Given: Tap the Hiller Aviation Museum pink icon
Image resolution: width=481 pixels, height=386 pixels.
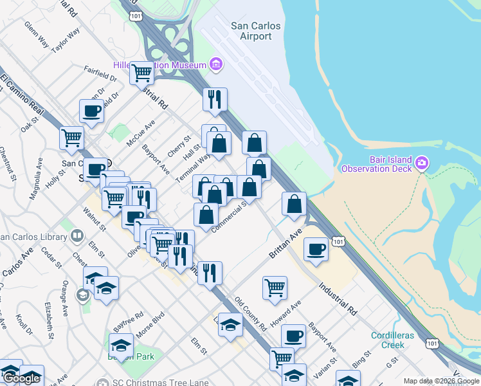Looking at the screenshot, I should [216, 64].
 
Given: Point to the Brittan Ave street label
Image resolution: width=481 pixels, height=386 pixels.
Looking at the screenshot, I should [286, 246].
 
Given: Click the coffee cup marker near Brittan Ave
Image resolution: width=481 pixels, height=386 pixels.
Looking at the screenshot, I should [316, 248].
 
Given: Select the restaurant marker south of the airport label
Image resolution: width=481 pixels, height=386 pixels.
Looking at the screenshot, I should [215, 99].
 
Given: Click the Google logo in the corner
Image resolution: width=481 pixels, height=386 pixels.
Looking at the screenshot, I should [21, 378].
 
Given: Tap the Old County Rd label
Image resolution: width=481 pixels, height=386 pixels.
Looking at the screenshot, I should [251, 313].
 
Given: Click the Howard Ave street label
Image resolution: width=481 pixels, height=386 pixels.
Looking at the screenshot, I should [286, 313].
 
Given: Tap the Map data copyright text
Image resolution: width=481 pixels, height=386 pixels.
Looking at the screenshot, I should [442, 381].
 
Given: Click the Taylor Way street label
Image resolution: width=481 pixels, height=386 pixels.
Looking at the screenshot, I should [66, 39].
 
